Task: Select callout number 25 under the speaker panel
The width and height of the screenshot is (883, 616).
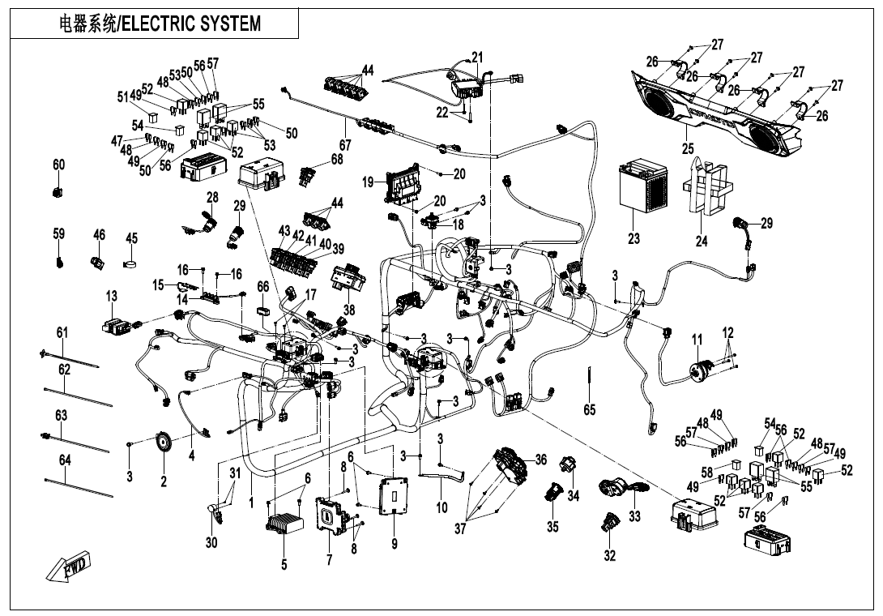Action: (688, 148)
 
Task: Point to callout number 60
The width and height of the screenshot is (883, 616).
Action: (58, 165)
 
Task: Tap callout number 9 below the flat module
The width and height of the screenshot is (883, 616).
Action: (395, 543)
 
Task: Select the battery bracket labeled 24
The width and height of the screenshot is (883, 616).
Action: (705, 186)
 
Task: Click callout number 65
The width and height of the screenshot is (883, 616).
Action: (589, 409)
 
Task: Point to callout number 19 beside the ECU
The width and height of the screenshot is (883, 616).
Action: (368, 182)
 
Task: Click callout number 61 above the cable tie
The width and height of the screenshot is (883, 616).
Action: (62, 333)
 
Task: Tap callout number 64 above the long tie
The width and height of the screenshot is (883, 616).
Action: (65, 460)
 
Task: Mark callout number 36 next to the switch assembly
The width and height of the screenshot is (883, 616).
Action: (540, 460)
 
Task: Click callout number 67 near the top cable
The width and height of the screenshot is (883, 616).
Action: (344, 145)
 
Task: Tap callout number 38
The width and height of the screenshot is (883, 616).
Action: (349, 310)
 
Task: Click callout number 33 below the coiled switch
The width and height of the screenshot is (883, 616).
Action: (634, 516)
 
